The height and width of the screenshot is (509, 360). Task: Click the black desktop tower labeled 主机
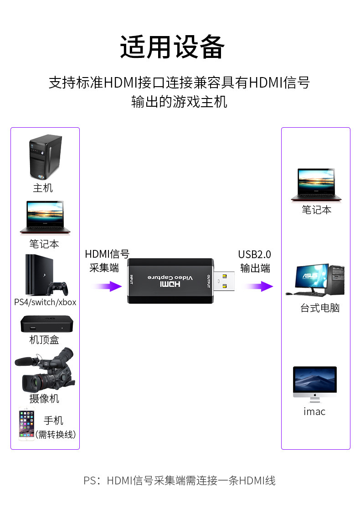[x=46, y=157]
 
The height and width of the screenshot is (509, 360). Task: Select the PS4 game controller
[x=57, y=288]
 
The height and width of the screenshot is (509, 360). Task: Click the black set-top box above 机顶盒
[x=46, y=324]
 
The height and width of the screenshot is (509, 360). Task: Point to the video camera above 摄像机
[x=45, y=369]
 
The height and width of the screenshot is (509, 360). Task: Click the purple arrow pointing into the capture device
[x=107, y=286]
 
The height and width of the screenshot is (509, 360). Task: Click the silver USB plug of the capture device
[x=224, y=281]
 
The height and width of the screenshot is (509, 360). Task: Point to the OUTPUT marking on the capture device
[x=209, y=281]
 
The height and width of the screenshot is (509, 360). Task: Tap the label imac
[x=314, y=411]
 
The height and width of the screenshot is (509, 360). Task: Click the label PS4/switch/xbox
[x=45, y=302]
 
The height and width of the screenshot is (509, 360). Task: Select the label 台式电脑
[x=320, y=308]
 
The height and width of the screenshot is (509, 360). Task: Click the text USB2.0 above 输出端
[x=255, y=254]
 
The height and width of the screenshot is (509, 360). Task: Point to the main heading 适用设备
[x=172, y=47]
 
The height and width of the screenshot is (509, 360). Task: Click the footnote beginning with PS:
[x=180, y=480]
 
